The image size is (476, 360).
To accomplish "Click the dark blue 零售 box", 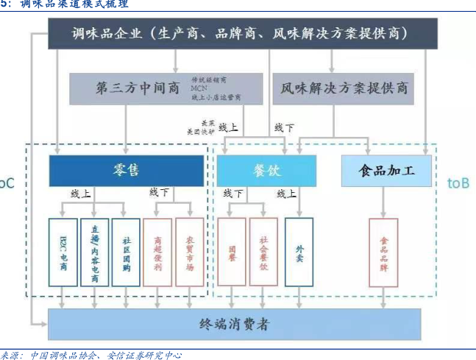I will [x=127, y=171].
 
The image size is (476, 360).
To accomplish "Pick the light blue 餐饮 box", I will [x=266, y=171].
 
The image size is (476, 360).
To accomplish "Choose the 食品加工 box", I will [x=386, y=171].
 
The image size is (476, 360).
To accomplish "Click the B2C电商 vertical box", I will [x=63, y=252].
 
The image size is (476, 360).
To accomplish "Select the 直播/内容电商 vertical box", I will [x=95, y=252].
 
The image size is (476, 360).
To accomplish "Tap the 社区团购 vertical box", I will [x=127, y=252].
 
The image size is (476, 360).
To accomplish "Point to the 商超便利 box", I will [x=157, y=252].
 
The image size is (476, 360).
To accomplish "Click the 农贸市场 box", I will [x=190, y=252].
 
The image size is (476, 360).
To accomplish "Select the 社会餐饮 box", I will [x=263, y=252].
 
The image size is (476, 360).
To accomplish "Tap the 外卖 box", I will [x=299, y=252].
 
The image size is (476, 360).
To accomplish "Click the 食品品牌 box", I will [x=383, y=252].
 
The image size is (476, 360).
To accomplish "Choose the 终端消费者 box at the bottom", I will [x=235, y=324].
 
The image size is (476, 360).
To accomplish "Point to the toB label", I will [x=458, y=183].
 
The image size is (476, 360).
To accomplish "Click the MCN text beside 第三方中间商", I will [x=199, y=88].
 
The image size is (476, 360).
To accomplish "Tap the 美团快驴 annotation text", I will [x=198, y=131].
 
